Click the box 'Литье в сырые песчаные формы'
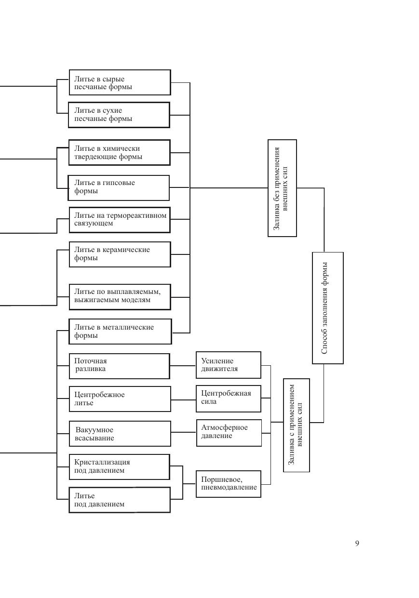[120, 82]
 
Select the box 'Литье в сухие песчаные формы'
[119, 115]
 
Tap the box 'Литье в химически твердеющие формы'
[120, 152]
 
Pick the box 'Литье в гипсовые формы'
[119, 187]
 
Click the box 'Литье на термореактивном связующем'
[120, 220]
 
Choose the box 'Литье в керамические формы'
[120, 254]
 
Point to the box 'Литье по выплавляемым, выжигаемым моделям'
[120, 296]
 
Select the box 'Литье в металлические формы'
[121, 332]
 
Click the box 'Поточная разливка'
[120, 366]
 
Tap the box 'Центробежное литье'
[120, 399]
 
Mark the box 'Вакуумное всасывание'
[120, 434]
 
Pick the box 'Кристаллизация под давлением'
[120, 466]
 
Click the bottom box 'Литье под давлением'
[120, 500]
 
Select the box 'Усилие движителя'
[229, 365]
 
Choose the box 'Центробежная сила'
[229, 398]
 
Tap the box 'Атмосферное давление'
[229, 432]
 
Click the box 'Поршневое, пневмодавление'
[229, 484]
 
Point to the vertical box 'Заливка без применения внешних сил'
[283, 188]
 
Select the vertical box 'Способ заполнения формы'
[328, 307]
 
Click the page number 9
[357, 544]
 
